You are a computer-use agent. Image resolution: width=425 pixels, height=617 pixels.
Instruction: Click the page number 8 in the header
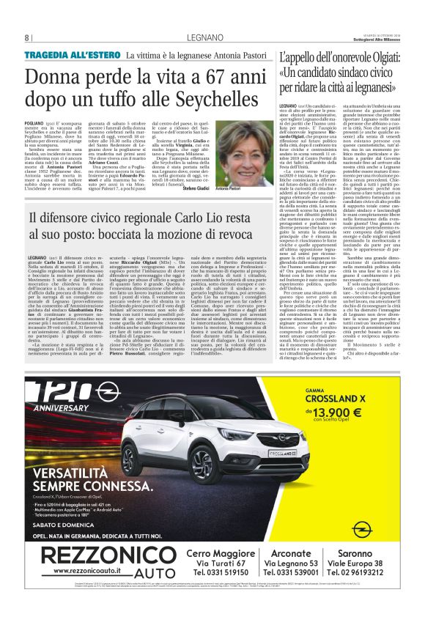click(27, 37)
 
